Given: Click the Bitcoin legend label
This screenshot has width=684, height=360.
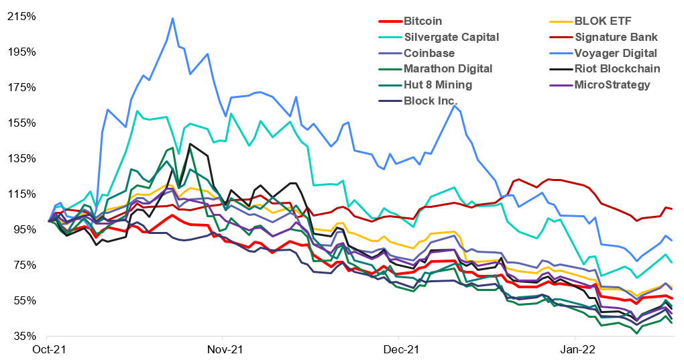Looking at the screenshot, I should tap(423, 21).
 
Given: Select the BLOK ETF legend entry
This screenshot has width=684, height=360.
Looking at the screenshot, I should tap(594, 21).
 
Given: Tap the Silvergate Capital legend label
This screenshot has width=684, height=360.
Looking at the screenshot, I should tap(452, 37).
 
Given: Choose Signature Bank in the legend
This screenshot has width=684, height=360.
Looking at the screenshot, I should tap(616, 37).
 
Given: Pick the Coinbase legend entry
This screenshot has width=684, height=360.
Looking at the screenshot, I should tap(429, 53).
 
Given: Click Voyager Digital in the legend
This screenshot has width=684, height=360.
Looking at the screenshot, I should tap(616, 53).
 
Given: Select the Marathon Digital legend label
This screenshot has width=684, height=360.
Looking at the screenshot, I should tap(448, 68).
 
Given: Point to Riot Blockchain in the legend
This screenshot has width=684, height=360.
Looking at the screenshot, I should tap(617, 68).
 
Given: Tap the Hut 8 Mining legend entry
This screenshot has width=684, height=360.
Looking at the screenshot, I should tap(438, 84).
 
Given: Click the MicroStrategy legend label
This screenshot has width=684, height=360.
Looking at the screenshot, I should tap(612, 84).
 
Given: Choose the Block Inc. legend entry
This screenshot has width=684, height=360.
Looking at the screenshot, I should tap(431, 101).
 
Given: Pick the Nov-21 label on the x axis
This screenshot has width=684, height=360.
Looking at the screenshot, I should tap(223, 350).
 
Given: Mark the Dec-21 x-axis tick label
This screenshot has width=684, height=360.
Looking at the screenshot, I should tap(399, 350).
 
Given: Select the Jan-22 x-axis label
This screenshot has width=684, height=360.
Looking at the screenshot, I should tap(575, 350).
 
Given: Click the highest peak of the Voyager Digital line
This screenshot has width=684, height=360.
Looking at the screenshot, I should tap(173, 18).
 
